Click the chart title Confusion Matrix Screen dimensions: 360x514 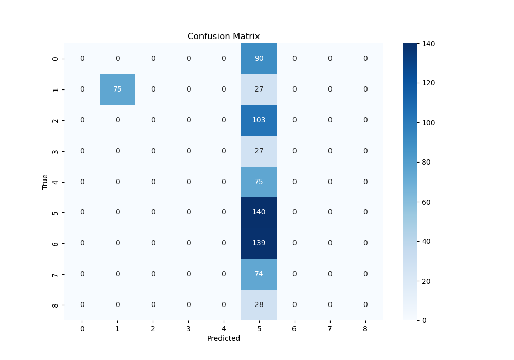(224, 37)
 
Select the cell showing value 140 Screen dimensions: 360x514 (259, 212)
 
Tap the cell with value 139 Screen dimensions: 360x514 (259, 243)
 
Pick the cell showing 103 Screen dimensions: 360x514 (259, 120)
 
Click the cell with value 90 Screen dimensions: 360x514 (259, 59)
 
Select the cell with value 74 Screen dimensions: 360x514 (259, 274)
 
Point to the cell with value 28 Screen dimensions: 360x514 (259, 304)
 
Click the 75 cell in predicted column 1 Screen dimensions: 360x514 (117, 89)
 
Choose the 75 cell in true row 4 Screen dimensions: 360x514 (259, 182)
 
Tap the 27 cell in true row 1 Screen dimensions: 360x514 (259, 89)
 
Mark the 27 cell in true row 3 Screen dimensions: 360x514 (259, 151)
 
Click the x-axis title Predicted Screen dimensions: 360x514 (224, 339)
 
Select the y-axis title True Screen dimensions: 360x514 (45, 182)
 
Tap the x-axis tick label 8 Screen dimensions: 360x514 (365, 328)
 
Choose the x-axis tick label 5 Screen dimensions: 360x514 (259, 328)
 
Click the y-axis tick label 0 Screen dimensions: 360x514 (56, 59)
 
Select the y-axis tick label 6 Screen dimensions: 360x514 (56, 243)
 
